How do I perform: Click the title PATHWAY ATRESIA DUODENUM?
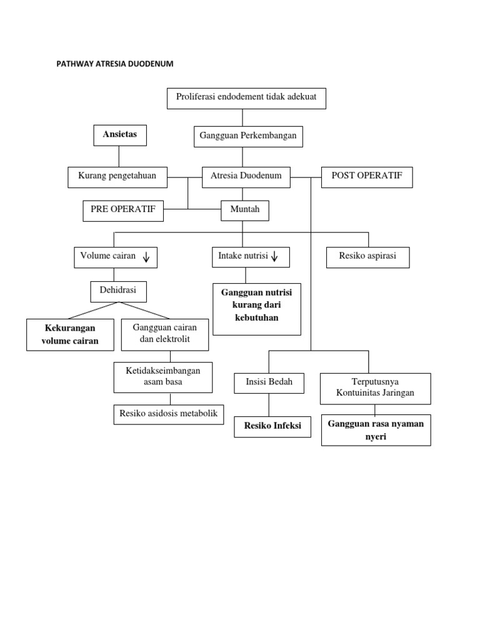(x=115, y=64)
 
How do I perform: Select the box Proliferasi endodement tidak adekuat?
(x=246, y=98)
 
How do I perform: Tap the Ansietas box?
(x=120, y=135)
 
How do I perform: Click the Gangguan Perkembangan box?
(x=248, y=136)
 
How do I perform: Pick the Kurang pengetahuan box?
(x=117, y=177)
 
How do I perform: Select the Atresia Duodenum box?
(x=246, y=177)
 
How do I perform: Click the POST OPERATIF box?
(x=367, y=177)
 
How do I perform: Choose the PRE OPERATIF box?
(x=123, y=211)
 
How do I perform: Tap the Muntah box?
(x=245, y=211)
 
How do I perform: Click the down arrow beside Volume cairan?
(x=146, y=257)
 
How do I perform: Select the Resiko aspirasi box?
(x=367, y=257)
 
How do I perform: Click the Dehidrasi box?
(x=118, y=291)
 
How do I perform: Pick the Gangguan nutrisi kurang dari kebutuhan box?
(x=257, y=309)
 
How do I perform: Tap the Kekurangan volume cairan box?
(x=70, y=334)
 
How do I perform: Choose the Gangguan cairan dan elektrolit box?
(x=165, y=334)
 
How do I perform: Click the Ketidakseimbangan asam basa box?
(x=162, y=376)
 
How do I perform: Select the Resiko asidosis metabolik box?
(x=168, y=414)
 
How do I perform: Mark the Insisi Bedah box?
(x=269, y=383)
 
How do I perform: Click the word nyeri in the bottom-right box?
(x=376, y=437)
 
